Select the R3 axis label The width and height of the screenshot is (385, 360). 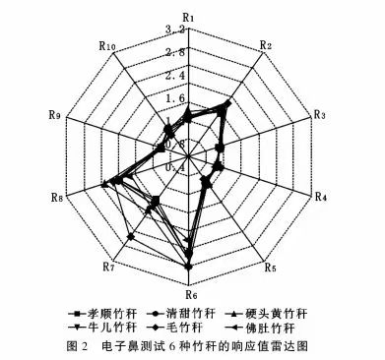tap(319, 115)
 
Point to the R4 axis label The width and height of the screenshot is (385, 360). tap(320, 198)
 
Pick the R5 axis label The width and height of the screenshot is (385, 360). tap(270, 267)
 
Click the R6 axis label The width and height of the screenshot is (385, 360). tap(192, 293)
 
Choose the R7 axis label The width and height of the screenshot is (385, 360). tap(109, 267)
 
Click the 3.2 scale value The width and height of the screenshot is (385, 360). tap(203, 30)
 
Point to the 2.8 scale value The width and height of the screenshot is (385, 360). tap(203, 52)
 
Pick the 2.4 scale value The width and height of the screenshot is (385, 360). tap(203, 76)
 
